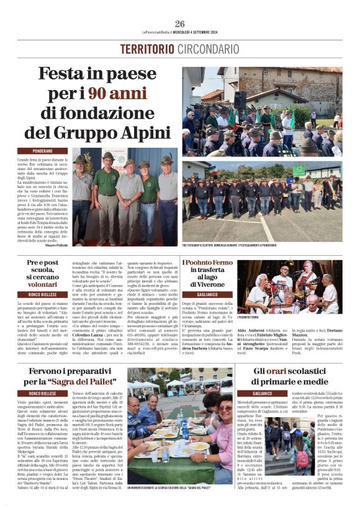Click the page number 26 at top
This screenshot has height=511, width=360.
179,23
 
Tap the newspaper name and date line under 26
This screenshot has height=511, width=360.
179,32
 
